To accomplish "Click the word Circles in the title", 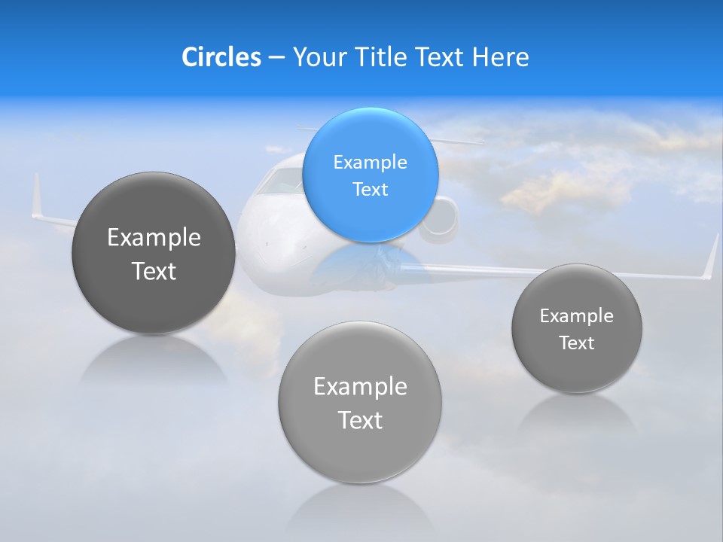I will [221, 57].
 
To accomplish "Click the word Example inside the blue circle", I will [370, 162].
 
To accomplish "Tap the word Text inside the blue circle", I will [370, 189].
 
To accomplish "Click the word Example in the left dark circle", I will [154, 238].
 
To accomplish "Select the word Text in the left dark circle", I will [154, 271].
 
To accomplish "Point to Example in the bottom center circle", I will [360, 387].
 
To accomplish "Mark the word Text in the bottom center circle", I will [360, 420].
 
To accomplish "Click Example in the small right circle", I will [577, 315].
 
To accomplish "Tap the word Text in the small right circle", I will [577, 343].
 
